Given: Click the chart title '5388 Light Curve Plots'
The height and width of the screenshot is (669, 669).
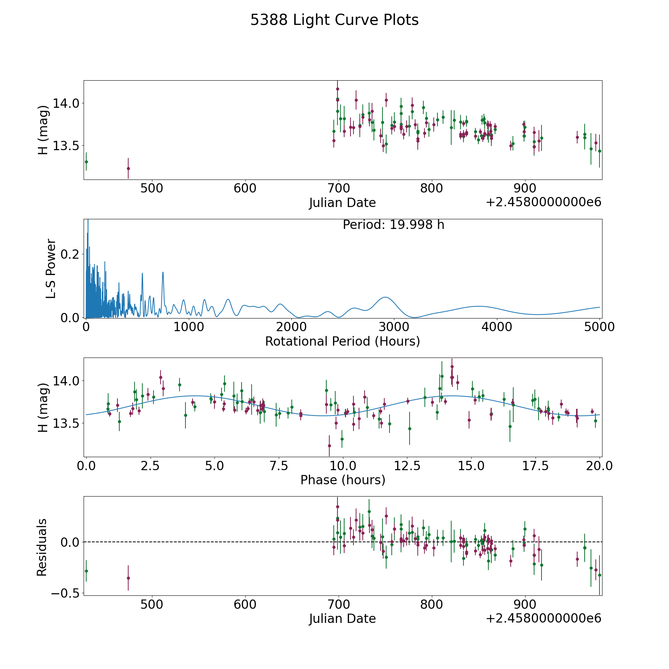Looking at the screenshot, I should click(334, 20).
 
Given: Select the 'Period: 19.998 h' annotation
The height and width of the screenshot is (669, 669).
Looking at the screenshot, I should click(393, 225).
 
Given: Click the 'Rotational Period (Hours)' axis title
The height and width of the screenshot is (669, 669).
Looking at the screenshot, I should click(342, 341).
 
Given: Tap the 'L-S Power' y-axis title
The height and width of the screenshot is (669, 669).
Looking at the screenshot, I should click(51, 268).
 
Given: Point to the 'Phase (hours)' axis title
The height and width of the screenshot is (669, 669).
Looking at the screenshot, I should click(343, 480).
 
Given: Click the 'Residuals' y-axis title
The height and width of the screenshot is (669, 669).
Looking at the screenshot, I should click(42, 547).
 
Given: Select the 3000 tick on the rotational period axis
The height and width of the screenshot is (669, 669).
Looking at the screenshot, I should click(394, 327).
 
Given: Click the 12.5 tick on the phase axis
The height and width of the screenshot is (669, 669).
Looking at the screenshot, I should click(407, 466).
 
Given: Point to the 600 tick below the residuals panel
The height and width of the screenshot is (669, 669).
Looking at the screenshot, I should click(245, 604).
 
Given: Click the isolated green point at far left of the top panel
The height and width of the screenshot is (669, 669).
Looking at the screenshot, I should click(86, 162).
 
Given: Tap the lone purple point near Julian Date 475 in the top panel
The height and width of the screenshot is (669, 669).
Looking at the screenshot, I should click(128, 168).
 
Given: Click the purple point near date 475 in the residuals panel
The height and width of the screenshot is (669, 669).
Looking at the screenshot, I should click(128, 578).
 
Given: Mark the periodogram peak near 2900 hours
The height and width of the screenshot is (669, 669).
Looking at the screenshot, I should click(385, 297).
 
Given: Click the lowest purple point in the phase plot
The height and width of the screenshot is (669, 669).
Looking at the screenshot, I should click(329, 446).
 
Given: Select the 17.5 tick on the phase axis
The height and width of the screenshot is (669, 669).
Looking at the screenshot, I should click(536, 466).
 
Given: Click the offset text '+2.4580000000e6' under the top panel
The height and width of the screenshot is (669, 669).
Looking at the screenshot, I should click(543, 202).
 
